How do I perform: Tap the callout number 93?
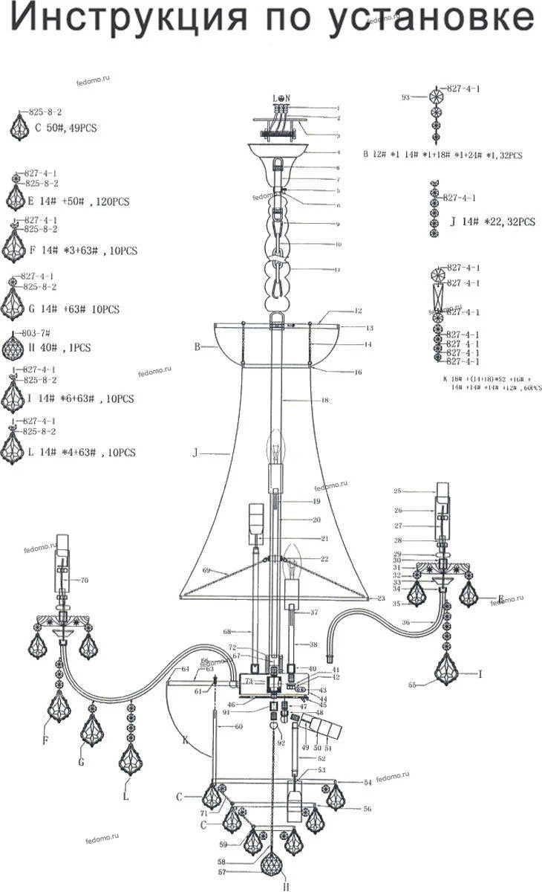(406, 97)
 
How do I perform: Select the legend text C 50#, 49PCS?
(66, 128)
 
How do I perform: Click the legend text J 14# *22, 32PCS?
(492, 222)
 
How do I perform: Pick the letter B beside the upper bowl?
(198, 346)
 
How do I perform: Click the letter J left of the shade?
(195, 451)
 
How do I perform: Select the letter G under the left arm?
(82, 761)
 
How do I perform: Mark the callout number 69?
(206, 570)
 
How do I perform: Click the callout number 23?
(382, 598)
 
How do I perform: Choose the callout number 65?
(411, 683)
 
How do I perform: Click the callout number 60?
(239, 725)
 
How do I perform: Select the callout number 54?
(367, 783)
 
